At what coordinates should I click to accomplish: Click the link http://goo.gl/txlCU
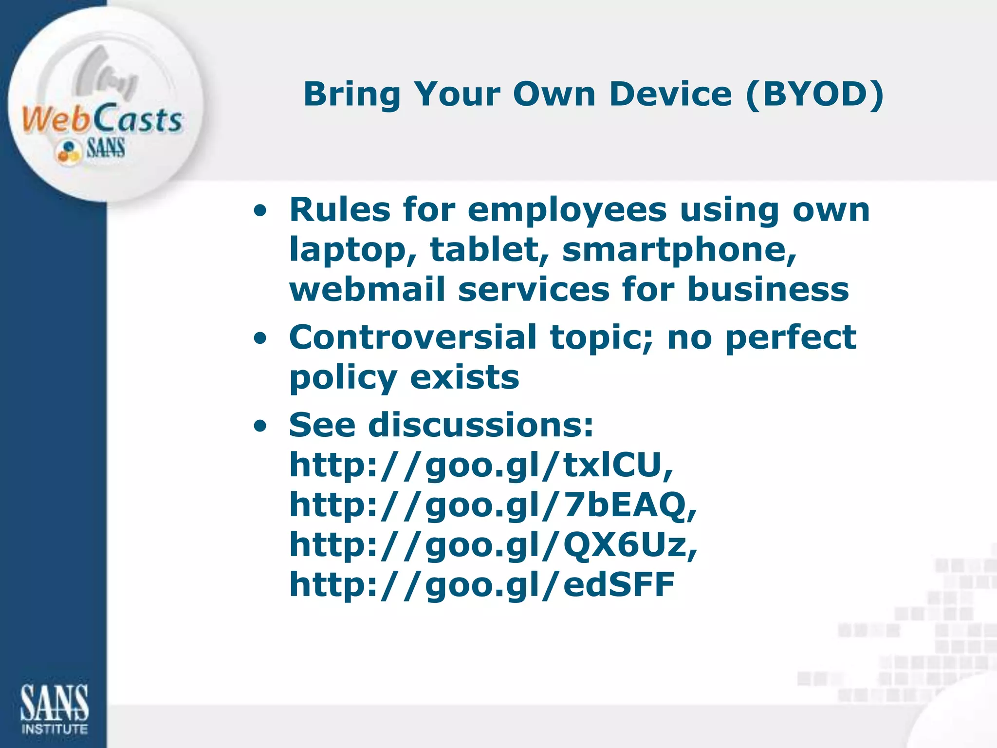tap(481, 465)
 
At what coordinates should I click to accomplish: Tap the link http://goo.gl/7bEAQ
tap(493, 505)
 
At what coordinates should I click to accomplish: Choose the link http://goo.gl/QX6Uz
tap(493, 545)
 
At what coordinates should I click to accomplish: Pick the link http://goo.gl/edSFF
tap(482, 584)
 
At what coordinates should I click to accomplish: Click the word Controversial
tap(413, 337)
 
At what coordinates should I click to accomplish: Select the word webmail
tap(367, 290)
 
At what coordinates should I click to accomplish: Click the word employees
tap(567, 210)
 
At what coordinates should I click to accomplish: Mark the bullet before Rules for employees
tap(260, 211)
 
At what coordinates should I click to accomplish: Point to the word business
tap(768, 290)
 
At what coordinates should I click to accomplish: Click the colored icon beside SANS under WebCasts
tap(68, 150)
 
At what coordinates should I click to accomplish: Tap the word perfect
tap(791, 337)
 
